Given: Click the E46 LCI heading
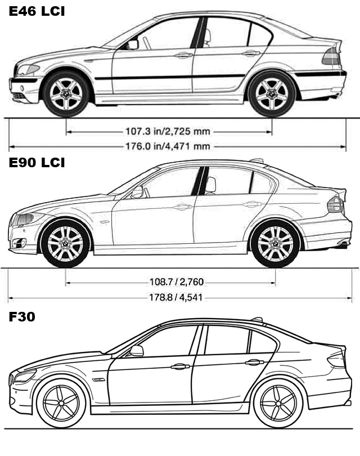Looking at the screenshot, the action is pyautogui.click(x=37, y=11).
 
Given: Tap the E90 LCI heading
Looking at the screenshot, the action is pyautogui.click(x=37, y=163).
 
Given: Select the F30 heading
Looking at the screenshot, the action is pyautogui.click(x=22, y=316).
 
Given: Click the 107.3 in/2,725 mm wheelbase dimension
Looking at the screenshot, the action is pyautogui.click(x=168, y=131).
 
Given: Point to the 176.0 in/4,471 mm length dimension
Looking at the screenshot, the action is pyautogui.click(x=168, y=146).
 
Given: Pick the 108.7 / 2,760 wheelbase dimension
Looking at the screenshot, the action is pyautogui.click(x=177, y=282).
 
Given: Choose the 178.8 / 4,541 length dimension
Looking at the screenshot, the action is pyautogui.click(x=176, y=297).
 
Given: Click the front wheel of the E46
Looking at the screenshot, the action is pyautogui.click(x=66, y=93).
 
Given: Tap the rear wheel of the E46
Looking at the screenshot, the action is pyautogui.click(x=272, y=93).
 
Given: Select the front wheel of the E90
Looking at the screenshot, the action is pyautogui.click(x=66, y=243).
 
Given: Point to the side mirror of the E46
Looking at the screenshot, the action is pyautogui.click(x=133, y=45).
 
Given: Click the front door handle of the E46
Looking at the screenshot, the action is pyautogui.click(x=183, y=55).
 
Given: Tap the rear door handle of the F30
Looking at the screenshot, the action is pyautogui.click(x=254, y=363).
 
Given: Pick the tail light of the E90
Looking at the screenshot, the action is pyautogui.click(x=335, y=204).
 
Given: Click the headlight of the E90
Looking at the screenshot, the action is pyautogui.click(x=28, y=218).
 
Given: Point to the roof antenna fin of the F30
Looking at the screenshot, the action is pyautogui.click(x=257, y=319).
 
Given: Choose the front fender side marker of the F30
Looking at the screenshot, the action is pyautogui.click(x=98, y=380).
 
